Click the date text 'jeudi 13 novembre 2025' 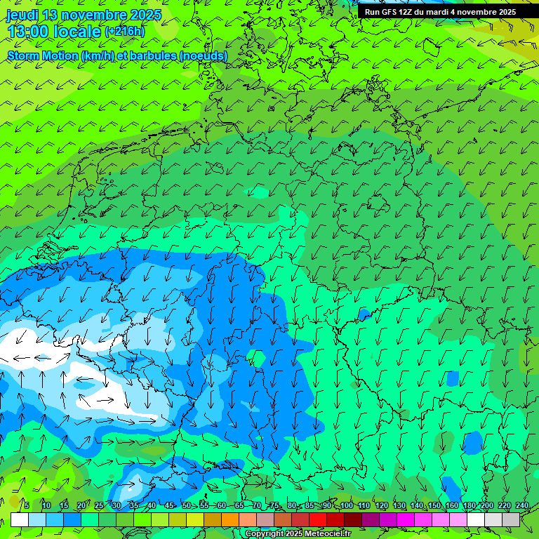point(84,15)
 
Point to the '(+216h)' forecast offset point(125,32)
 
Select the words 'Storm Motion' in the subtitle point(43,55)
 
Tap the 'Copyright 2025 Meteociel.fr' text point(298,534)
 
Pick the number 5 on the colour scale point(26,505)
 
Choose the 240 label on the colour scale point(522,505)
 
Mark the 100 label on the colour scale point(346,505)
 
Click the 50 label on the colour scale point(187,505)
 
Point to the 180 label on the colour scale point(470,505)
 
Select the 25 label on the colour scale point(99,505)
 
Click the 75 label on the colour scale point(274,505)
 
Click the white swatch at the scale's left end point(20,519)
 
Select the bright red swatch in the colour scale point(318,519)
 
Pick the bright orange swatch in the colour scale point(230,519)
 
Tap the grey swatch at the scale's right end point(511,519)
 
